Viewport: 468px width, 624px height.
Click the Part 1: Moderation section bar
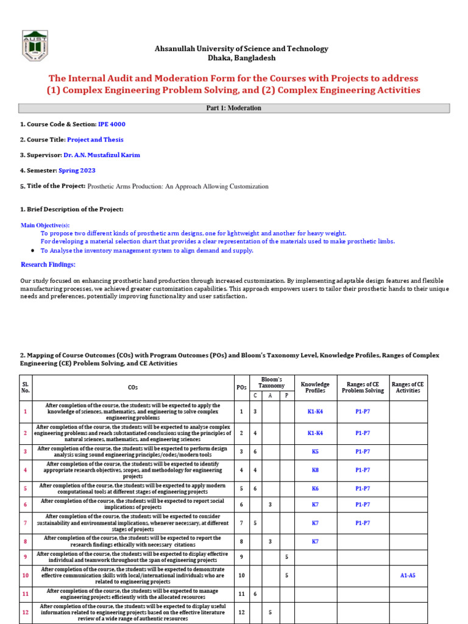(234, 108)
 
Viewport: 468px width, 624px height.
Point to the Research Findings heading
(48, 264)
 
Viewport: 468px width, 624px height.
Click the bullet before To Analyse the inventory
(31, 251)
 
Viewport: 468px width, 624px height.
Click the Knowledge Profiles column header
(315, 387)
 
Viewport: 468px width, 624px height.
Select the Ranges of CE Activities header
(408, 387)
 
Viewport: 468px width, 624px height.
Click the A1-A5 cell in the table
(408, 575)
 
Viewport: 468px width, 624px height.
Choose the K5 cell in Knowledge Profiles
(315, 452)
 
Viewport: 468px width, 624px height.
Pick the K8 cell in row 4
(315, 470)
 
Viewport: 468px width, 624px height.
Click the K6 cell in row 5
(315, 489)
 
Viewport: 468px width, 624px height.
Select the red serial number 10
(25, 575)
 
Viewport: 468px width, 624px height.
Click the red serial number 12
(25, 612)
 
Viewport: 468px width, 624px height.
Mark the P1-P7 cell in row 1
(363, 411)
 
